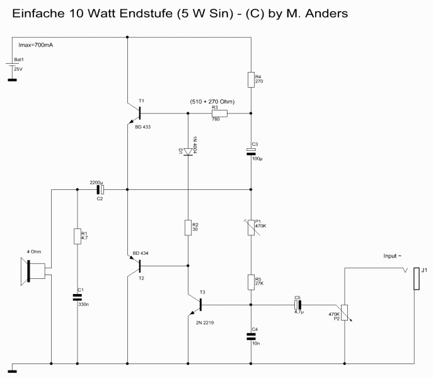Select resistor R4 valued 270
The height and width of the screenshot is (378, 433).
(251, 79)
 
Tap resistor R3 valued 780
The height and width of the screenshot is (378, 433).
(220, 114)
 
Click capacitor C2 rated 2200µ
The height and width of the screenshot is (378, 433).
(99, 188)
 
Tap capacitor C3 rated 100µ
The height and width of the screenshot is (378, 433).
(251, 151)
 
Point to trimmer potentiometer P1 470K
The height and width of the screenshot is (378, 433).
(251, 226)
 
